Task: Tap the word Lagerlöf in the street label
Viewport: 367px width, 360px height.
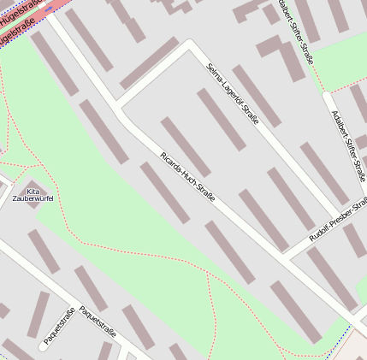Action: tap(228, 93)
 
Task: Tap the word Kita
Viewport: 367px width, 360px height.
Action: tap(33, 191)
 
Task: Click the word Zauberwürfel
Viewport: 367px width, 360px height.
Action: tap(33, 198)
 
